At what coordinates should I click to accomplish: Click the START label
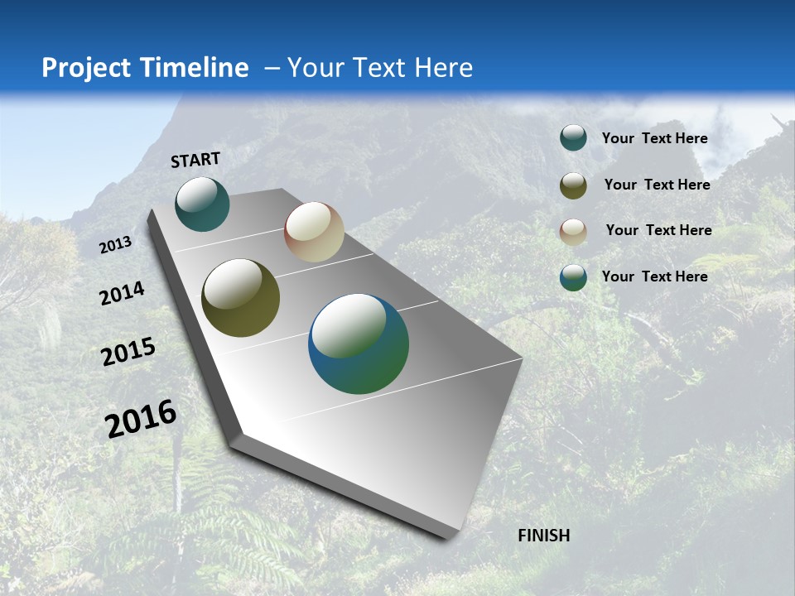[195, 160]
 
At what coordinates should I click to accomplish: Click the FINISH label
[543, 536]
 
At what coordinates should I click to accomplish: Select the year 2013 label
[115, 245]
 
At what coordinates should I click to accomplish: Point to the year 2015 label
[128, 352]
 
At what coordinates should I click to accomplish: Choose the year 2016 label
[141, 419]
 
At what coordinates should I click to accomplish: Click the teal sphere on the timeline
[202, 204]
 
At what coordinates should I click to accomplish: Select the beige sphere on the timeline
[314, 232]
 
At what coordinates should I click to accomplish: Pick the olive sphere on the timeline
[240, 298]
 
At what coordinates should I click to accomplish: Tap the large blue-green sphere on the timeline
[359, 344]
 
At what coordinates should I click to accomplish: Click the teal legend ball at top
[573, 138]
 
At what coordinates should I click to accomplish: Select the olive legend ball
[573, 185]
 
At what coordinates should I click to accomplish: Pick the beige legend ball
[573, 232]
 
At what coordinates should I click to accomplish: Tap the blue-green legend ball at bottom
[573, 277]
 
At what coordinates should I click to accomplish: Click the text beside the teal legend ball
[654, 138]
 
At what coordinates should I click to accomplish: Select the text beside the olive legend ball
[657, 185]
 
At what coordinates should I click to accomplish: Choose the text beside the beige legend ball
[658, 230]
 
